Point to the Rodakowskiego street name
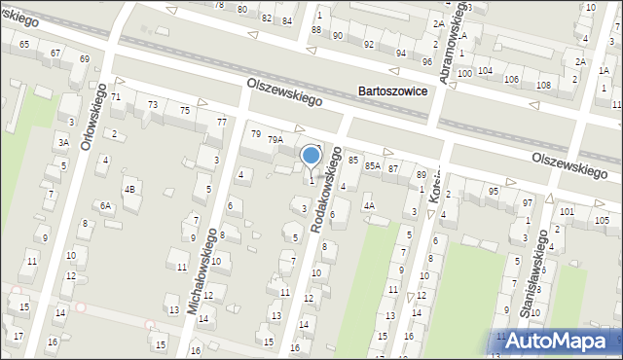click(x=327, y=190)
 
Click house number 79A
click(x=275, y=140)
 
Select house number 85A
click(x=372, y=166)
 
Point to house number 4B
click(x=129, y=189)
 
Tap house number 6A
click(x=106, y=206)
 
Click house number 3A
click(x=62, y=142)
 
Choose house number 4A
click(x=369, y=205)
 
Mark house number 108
click(x=542, y=86)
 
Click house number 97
click(x=527, y=202)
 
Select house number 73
click(x=152, y=104)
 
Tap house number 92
click(x=369, y=45)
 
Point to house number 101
click(x=567, y=211)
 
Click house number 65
click(x=23, y=45)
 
